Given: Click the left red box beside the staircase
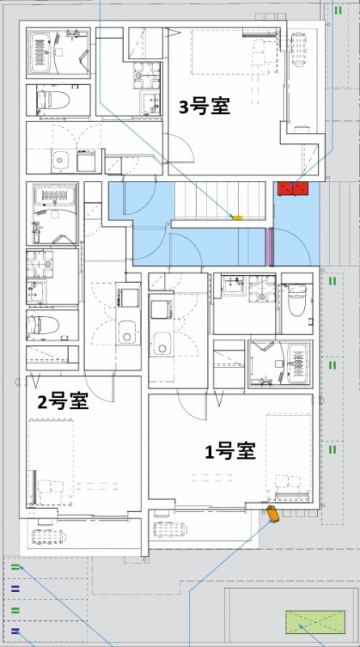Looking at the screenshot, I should coord(284,189).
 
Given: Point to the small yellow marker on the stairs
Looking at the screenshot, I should coord(237,217).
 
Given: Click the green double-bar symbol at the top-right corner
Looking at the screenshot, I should coord(337,11).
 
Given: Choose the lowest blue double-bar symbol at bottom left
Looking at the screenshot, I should coord(15,630).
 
